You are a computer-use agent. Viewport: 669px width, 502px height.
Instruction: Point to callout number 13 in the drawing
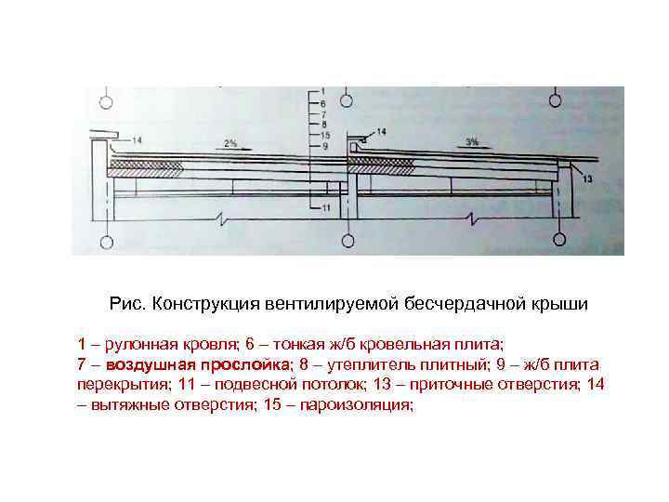pyautogui.click(x=588, y=178)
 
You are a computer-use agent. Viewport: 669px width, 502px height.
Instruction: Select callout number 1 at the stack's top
pyautogui.click(x=322, y=92)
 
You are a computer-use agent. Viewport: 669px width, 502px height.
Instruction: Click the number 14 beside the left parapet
pyautogui.click(x=138, y=140)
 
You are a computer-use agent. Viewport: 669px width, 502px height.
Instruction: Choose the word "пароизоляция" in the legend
pyautogui.click(x=358, y=407)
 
